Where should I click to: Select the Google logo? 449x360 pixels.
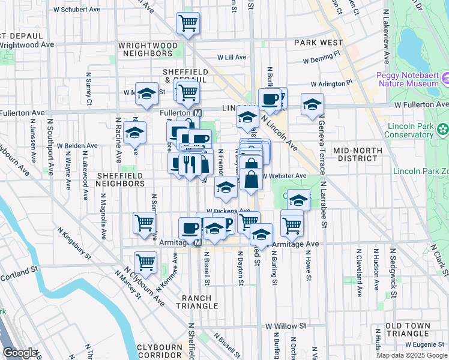coord(20,353)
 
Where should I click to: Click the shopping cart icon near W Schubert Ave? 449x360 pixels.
coord(188,24)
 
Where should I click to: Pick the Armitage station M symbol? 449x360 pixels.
coord(197,243)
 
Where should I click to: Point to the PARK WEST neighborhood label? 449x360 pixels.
coord(318,43)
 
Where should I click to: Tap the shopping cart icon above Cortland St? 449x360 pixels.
coord(145,262)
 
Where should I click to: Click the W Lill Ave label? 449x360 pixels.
coord(232,58)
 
